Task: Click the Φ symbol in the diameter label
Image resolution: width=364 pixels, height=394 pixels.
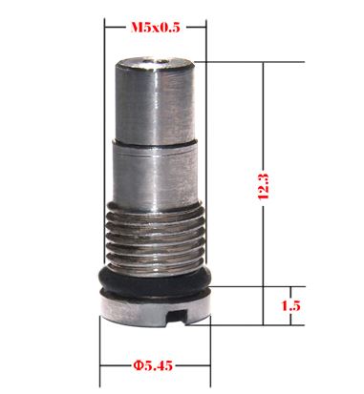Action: click(x=138, y=365)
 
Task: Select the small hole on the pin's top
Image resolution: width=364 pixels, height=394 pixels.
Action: click(x=156, y=64)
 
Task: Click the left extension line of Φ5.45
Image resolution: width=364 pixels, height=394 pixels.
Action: click(x=100, y=348)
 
